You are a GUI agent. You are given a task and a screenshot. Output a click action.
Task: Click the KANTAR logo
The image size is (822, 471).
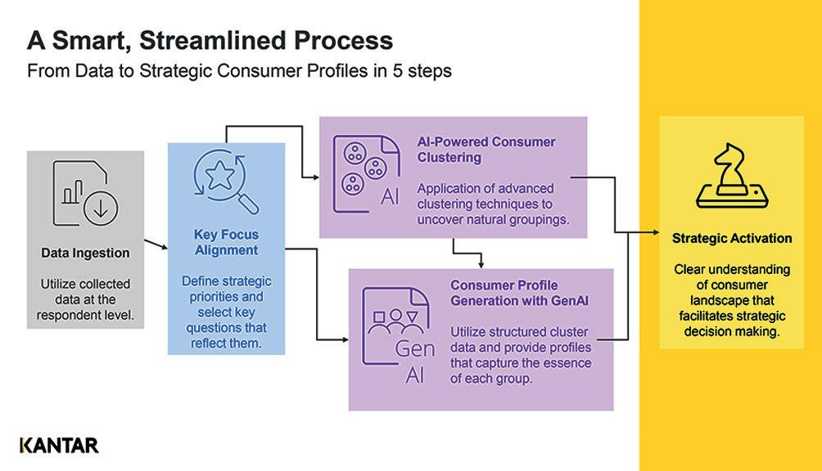(x=59, y=446)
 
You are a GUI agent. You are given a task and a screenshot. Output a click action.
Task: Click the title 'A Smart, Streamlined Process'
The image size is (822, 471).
(x=210, y=40)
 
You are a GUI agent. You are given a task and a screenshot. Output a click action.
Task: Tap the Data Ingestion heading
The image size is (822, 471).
(x=85, y=253)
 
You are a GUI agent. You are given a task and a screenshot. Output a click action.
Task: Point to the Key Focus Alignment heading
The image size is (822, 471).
(x=226, y=242)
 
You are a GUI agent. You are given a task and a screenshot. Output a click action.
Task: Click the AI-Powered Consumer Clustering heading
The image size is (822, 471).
(x=486, y=149)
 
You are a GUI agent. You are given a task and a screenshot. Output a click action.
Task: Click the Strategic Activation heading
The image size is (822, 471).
(x=732, y=239)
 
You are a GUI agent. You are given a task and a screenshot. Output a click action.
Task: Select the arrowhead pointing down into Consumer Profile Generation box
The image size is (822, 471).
(x=481, y=263)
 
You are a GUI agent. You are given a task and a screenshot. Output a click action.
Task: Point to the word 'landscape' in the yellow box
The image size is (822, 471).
(x=731, y=300)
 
